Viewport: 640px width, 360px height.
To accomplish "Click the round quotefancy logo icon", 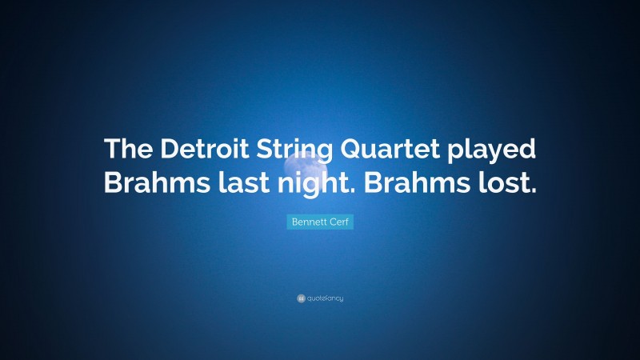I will pyautogui.click(x=301, y=298).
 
